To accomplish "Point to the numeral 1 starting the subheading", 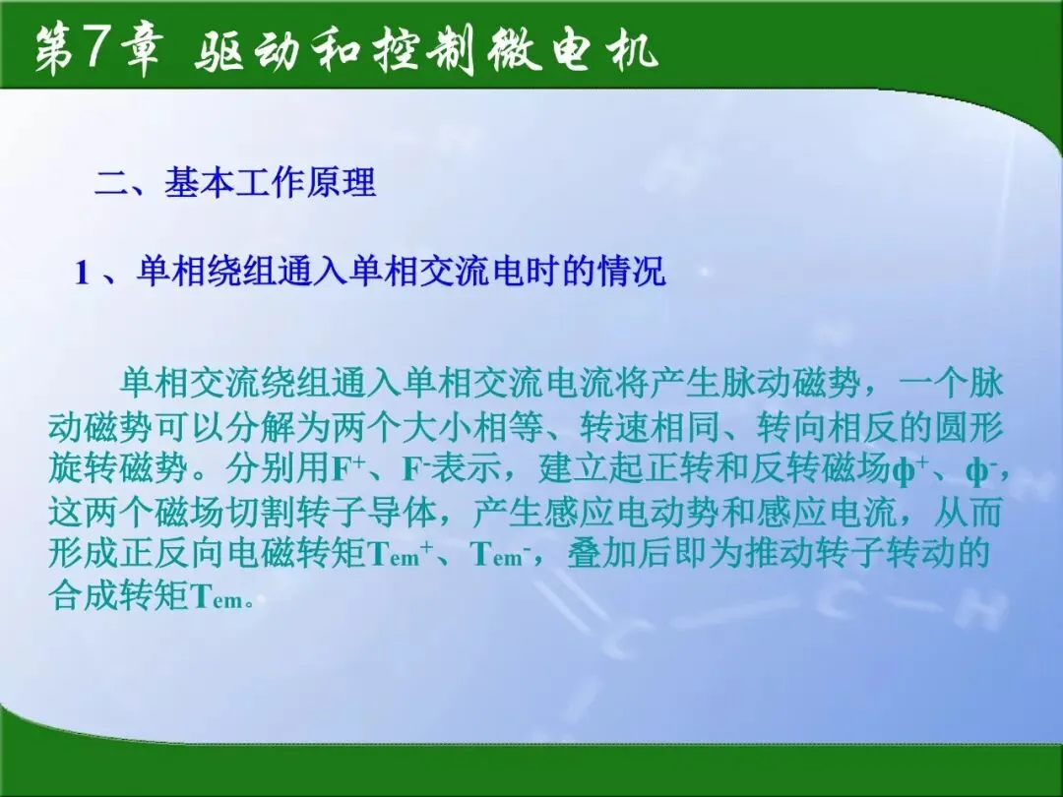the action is click(x=82, y=274).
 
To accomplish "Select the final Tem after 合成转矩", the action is click(x=217, y=597).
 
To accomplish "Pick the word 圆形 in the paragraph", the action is click(x=969, y=427).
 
